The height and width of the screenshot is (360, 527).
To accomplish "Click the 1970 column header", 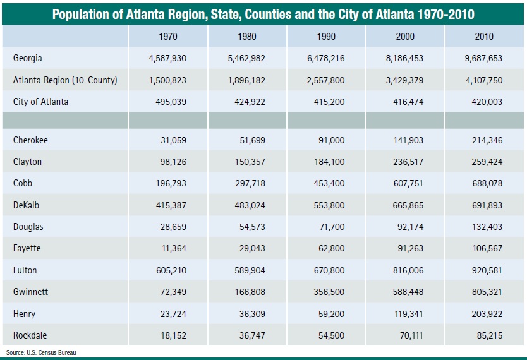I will tap(168, 37).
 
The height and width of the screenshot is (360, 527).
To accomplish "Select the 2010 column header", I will tap(484, 37).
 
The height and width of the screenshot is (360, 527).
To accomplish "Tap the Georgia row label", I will tap(28, 58).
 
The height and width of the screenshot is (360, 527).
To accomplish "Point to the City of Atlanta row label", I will tap(40, 102).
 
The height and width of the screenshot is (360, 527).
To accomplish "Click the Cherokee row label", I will tap(30, 140).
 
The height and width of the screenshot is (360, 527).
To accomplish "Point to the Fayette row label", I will tap(27, 248).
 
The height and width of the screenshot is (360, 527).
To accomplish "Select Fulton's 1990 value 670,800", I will tap(329, 270).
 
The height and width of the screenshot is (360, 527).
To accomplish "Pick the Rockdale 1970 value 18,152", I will tap(173, 335).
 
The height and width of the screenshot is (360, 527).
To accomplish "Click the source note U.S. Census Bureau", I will tap(41, 352).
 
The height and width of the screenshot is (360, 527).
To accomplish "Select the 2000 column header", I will tap(405, 37).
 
